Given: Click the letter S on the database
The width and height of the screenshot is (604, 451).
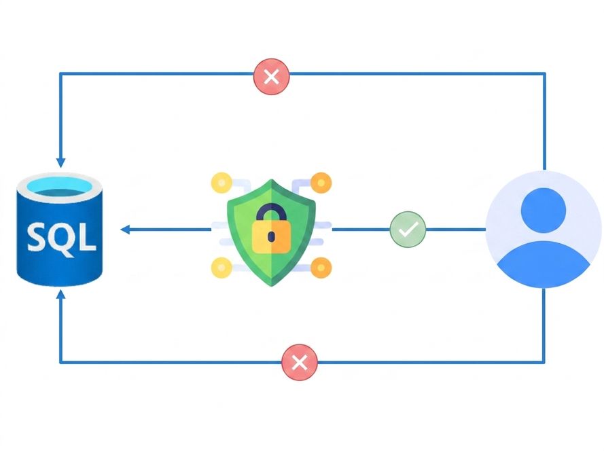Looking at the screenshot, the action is coord(38,237).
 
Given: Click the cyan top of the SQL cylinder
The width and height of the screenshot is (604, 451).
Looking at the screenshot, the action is coord(60,185).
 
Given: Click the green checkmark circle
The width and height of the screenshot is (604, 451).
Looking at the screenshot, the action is coord(408,229).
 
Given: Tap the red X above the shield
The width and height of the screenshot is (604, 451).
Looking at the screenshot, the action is coord(272,76).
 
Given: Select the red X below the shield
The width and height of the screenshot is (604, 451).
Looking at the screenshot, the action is coord(300,363).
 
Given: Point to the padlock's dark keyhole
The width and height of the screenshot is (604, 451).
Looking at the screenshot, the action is coord(271,236).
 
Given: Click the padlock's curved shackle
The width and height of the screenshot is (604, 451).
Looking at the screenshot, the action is coord(271,213).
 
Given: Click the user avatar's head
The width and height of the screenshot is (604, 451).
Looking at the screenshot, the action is coord(544,211).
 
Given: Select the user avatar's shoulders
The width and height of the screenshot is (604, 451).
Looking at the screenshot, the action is coord(544,264).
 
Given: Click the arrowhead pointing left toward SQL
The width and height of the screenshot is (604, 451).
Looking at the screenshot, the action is coord(125,230).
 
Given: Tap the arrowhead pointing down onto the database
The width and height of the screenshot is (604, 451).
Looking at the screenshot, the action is coord(60,162).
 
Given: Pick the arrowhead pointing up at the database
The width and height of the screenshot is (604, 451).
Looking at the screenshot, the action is coord(60,295).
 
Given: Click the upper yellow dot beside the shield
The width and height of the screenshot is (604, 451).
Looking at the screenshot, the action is coord(221,183).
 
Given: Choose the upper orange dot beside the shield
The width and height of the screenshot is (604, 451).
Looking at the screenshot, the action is coord(321,183).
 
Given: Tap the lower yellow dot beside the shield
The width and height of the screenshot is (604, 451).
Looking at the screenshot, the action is coord(221,268).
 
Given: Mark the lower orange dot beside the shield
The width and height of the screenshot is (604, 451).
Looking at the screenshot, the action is coord(321,268).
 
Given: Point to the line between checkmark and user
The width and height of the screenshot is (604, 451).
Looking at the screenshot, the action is coord(456,230).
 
